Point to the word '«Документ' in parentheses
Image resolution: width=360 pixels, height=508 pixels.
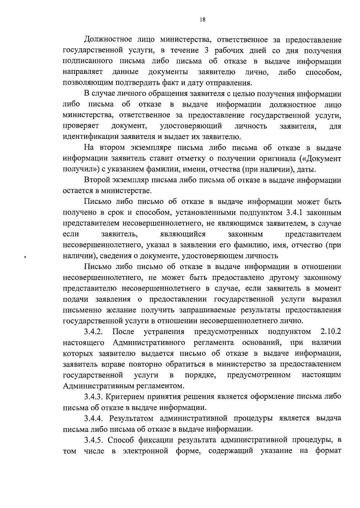coord(325,158)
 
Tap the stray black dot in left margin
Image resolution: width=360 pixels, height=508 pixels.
coord(25,257)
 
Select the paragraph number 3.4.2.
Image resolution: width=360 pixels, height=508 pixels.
coord(94,332)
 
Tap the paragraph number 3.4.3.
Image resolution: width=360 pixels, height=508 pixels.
coord(94,397)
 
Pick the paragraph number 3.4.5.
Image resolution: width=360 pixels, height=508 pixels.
coord(94,440)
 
